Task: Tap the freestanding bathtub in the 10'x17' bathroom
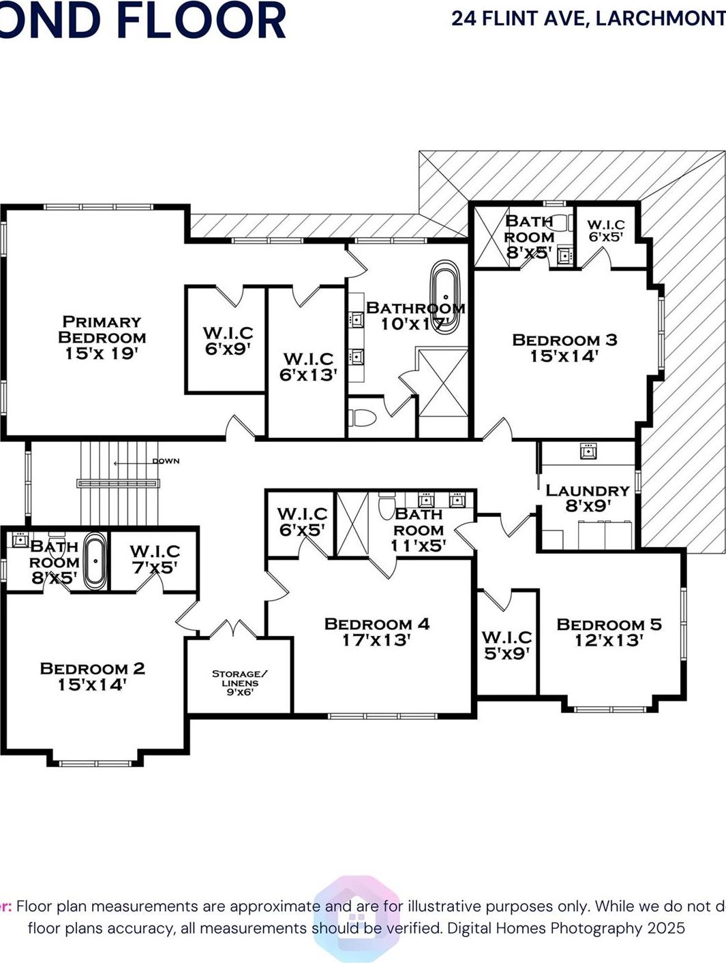(445, 294)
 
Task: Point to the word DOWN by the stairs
(166, 461)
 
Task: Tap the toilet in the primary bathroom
(362, 417)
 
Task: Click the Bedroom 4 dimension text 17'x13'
(376, 640)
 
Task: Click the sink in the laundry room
(588, 451)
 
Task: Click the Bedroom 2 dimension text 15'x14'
(92, 685)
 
